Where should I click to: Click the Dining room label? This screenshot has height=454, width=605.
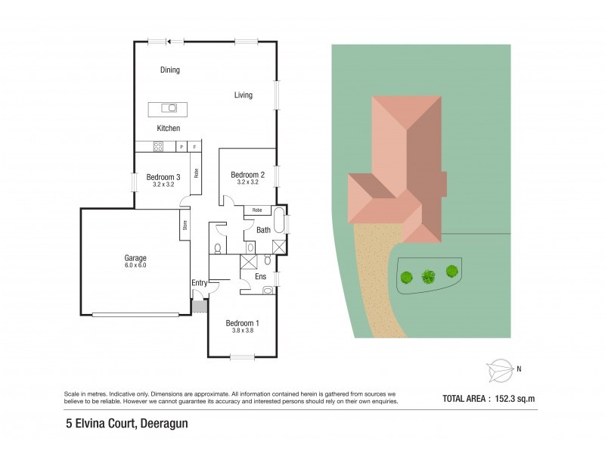(170, 70)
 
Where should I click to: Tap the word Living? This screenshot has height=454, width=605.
(243, 95)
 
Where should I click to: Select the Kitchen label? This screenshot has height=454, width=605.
(169, 129)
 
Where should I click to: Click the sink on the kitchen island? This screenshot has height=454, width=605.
(171, 108)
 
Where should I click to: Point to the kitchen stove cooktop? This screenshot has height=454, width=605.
(160, 147)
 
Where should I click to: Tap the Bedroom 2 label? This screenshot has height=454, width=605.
(247, 175)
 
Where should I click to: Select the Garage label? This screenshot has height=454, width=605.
(136, 258)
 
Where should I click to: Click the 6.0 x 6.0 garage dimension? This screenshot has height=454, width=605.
(136, 266)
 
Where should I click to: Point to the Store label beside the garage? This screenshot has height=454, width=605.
(185, 225)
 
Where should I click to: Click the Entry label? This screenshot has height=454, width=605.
(200, 283)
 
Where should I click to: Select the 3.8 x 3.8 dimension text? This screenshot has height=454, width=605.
(242, 330)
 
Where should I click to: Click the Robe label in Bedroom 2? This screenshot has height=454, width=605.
(257, 210)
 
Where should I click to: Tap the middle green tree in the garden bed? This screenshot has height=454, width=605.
(429, 276)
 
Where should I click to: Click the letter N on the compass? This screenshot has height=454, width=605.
(520, 369)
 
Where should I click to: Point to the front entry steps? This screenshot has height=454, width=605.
(200, 307)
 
